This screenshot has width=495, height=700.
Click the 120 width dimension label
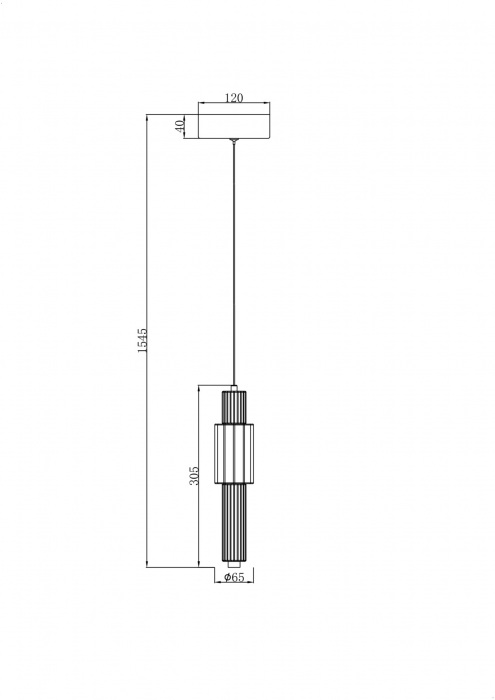pos(234,98)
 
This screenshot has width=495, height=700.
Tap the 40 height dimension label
pos(179,126)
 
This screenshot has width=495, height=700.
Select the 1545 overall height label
pos(141,341)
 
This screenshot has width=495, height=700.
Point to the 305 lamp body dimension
pos(193,476)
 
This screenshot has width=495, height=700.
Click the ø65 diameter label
pos(234,577)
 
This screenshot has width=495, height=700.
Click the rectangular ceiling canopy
pos(234,127)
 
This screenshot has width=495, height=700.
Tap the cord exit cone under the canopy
pos(233,142)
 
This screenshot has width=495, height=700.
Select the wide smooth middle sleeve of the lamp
pos(234,454)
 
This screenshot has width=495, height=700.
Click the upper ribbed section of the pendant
pos(234,408)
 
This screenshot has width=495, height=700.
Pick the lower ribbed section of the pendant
pos(234,522)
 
